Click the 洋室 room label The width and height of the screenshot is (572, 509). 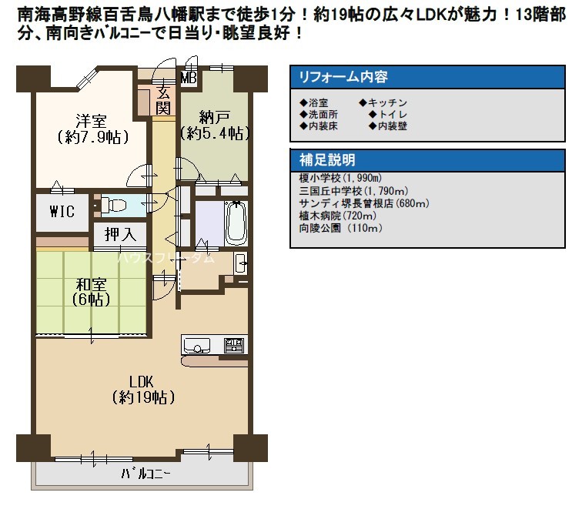click(91, 120)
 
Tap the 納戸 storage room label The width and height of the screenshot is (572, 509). click(215, 118)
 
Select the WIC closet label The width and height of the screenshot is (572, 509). click(62, 212)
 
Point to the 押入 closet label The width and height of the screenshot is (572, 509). click(120, 234)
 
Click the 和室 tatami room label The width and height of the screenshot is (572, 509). click(91, 284)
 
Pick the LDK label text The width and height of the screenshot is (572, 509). click(141, 382)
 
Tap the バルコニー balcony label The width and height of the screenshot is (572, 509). click(146, 474)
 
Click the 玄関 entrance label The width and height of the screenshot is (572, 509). click(163, 100)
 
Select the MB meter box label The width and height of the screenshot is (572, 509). click(189, 78)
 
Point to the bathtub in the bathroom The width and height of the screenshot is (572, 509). click(236, 223)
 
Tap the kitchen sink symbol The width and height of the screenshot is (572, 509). click(196, 345)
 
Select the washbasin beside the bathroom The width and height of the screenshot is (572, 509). click(241, 263)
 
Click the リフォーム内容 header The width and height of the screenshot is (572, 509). click(343, 77)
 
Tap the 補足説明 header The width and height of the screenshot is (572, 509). click(327, 160)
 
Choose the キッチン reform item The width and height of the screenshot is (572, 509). click(383, 102)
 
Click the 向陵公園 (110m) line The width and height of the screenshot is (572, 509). click(341, 228)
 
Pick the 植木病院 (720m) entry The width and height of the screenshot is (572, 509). click(337, 216)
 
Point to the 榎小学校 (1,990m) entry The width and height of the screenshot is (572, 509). click(340, 178)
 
